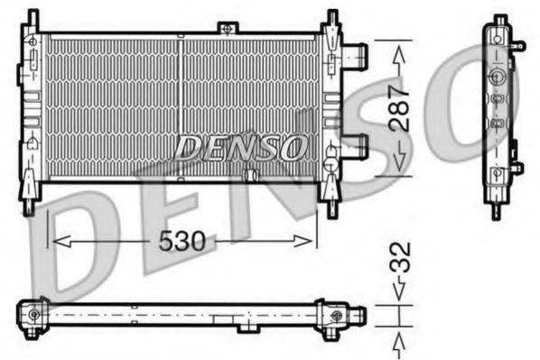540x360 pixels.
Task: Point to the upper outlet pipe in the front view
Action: [x=357, y=56]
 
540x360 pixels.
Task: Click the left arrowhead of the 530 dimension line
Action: [x=56, y=241]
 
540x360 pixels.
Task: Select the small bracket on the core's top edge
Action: [x=182, y=33]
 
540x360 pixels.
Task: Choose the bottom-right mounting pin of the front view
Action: [x=331, y=205]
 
